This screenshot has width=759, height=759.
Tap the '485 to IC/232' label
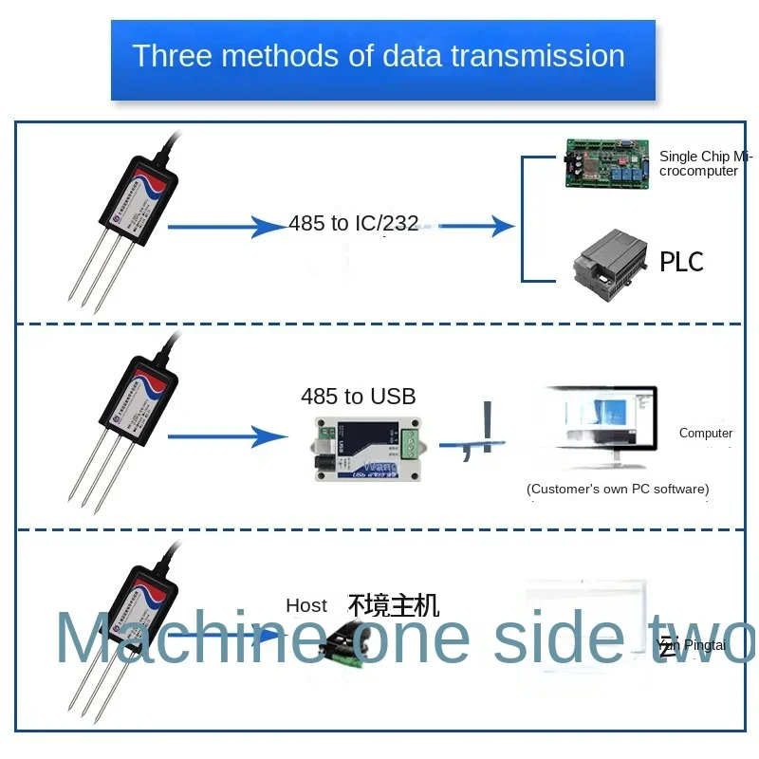(354, 225)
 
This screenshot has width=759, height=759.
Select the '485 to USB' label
(358, 397)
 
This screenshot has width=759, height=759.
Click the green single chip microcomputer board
(606, 163)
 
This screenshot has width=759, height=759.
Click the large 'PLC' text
(681, 261)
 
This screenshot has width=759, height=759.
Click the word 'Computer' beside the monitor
(706, 434)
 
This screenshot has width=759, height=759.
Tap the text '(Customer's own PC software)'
(618, 490)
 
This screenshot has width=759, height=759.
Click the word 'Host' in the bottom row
(306, 605)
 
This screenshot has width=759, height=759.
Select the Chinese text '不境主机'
(394, 604)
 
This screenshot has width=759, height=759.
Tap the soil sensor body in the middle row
(139, 403)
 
